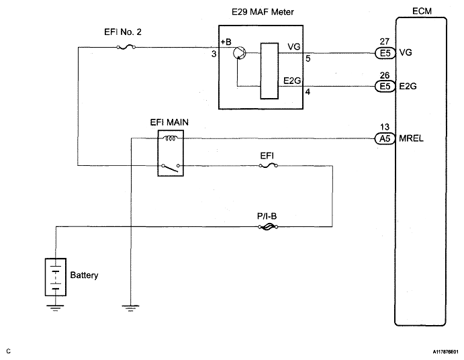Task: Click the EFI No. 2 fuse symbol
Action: tap(126, 47)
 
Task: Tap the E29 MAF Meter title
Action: tap(263, 12)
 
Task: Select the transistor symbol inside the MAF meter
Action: tap(239, 53)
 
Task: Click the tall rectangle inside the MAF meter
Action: tap(269, 71)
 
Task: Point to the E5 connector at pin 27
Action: tap(385, 53)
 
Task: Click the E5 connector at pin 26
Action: tap(385, 87)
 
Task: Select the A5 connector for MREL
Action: tap(385, 138)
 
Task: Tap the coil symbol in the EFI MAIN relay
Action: tap(171, 138)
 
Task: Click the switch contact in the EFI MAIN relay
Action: tap(171, 167)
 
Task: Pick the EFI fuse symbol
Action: tap(269, 166)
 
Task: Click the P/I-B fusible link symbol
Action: tap(268, 227)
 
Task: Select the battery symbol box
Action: tap(56, 277)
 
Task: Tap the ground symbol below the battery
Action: tap(55, 308)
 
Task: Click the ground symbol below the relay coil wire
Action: tap(130, 308)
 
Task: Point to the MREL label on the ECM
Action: tap(411, 138)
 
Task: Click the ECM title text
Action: tap(422, 11)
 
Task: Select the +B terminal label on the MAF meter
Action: tap(226, 42)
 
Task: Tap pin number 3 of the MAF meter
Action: tap(214, 54)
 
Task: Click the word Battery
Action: tap(84, 275)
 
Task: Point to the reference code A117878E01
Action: tap(445, 352)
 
